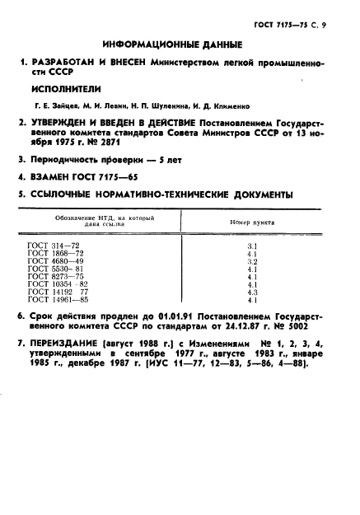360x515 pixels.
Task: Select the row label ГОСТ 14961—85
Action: click(x=54, y=298)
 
